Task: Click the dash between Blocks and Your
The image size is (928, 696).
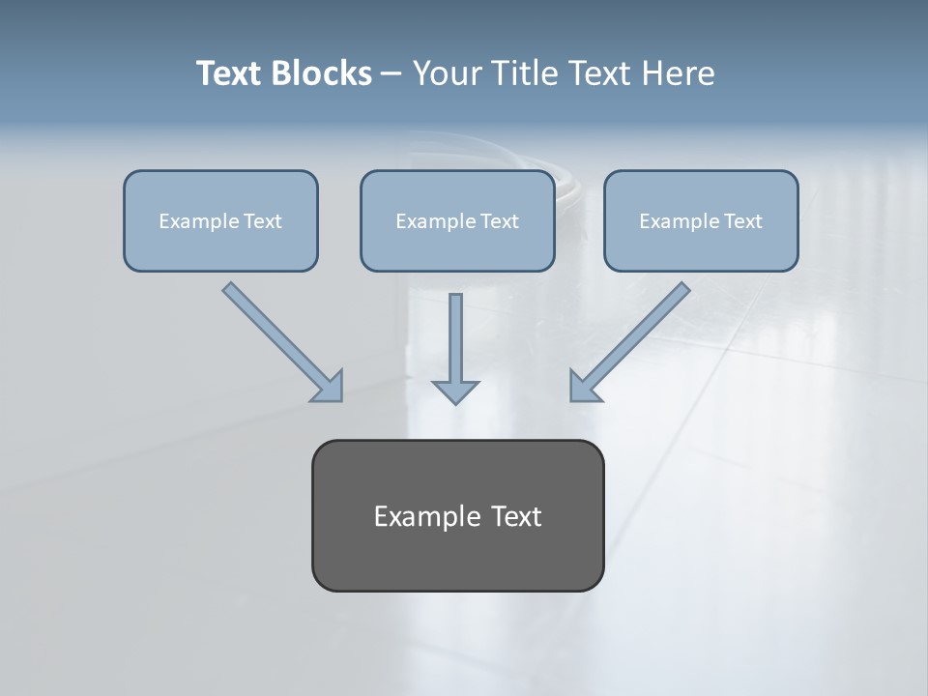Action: [391, 73]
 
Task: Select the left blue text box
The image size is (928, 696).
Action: [220, 221]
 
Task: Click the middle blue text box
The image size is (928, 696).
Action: [457, 221]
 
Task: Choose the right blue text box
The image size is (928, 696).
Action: [701, 221]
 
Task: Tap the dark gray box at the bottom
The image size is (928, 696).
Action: [457, 515]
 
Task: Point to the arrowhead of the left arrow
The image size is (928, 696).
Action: [329, 387]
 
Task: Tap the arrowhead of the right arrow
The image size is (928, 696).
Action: [584, 387]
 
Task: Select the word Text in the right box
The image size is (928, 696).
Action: [742, 221]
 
